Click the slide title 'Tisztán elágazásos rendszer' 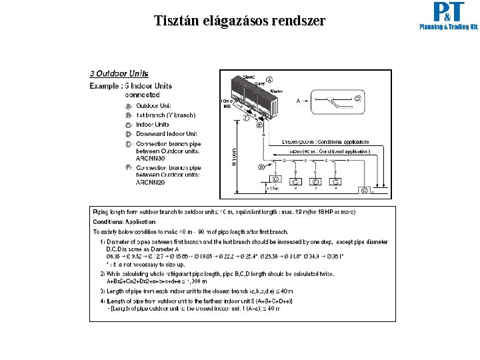[239, 21]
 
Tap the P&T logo [448, 17]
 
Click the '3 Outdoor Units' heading [119, 74]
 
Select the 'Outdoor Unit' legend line [153, 105]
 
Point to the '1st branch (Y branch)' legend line [165, 115]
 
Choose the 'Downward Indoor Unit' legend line [166, 134]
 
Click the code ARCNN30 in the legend [151, 159]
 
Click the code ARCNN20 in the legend [151, 182]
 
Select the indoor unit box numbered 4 [336, 180]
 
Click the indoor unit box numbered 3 [316, 180]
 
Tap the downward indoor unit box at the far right [364, 190]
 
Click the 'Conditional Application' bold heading [124, 222]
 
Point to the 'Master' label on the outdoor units [276, 91]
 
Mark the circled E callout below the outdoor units [259, 125]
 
